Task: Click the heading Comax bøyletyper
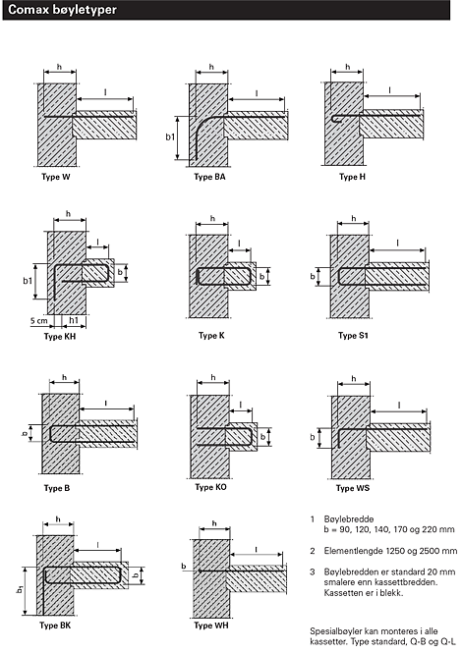point(62,10)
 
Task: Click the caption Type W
point(56,177)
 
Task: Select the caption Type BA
point(209,177)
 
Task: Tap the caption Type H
point(352,177)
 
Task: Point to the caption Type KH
point(60,336)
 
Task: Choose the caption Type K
point(211,335)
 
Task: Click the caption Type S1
point(353,335)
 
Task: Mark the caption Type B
point(57,488)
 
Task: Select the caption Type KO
point(211,487)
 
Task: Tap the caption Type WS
point(353,488)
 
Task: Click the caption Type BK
point(55,626)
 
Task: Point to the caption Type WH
point(211,626)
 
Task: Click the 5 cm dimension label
point(39,321)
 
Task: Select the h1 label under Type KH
point(74,320)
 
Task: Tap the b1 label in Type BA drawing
point(170,136)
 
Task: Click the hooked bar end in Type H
point(336,118)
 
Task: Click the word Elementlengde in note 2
point(354,551)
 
